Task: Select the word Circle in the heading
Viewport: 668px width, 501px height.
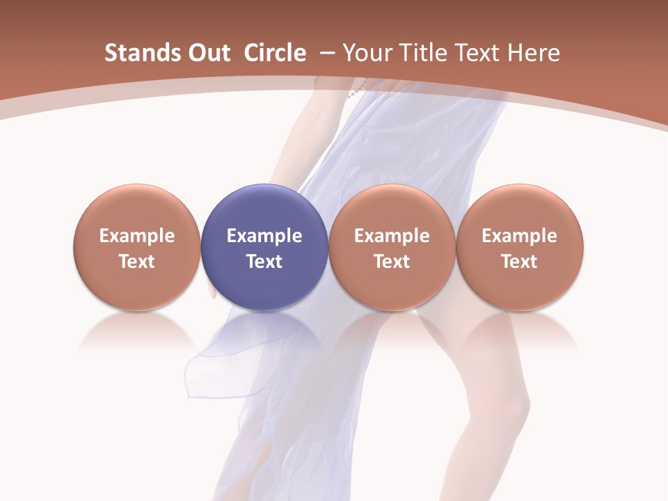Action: pos(275,53)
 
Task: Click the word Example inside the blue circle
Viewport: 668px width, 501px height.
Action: pos(264,236)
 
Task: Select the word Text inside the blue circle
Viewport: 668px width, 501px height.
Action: pos(264,262)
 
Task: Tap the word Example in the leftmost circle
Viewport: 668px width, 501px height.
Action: pos(137,236)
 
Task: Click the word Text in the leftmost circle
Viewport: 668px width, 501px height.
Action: pos(137,262)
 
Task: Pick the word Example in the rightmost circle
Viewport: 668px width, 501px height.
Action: pos(520,236)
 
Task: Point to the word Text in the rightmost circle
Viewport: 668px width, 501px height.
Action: pos(520,262)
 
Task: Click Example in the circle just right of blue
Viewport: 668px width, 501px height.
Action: pos(392,236)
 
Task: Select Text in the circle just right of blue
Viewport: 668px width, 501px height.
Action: pos(392,262)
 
